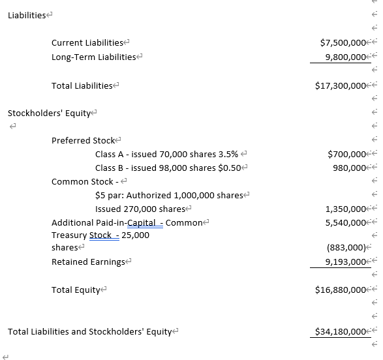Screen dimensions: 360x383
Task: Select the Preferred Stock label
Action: (x=83, y=140)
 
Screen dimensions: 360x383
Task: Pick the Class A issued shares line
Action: (x=166, y=155)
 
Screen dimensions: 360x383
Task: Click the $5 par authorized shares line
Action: (x=169, y=196)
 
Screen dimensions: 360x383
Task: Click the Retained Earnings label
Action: (x=88, y=262)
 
